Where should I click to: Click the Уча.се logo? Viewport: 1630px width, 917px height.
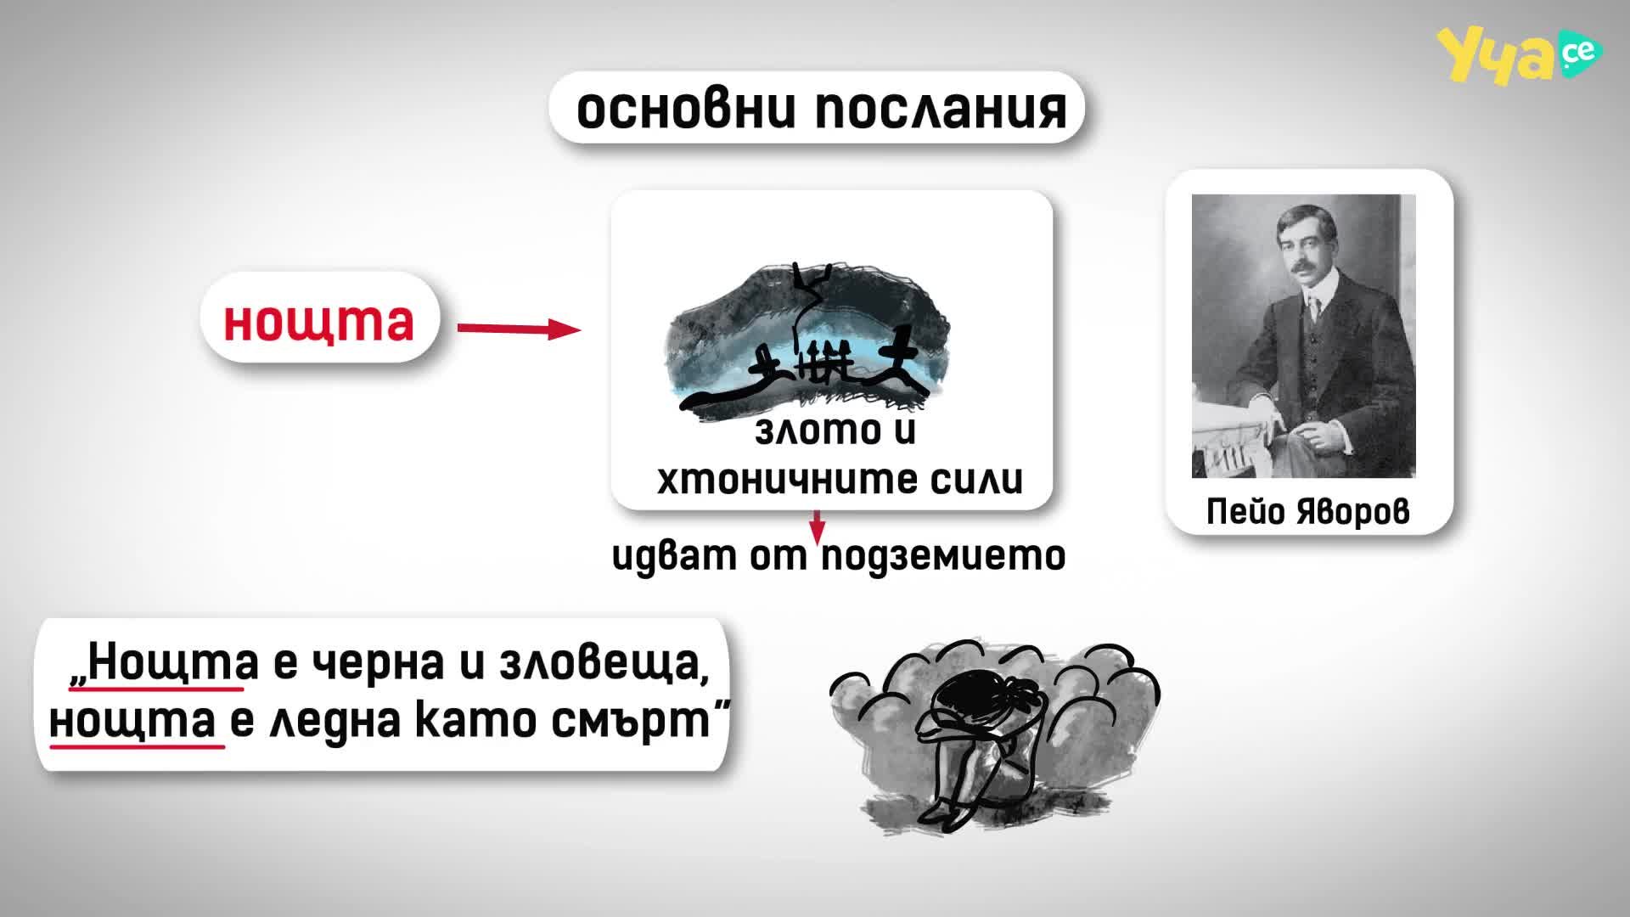(1519, 55)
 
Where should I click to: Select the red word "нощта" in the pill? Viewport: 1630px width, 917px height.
(319, 320)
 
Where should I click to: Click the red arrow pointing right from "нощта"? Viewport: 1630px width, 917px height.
(519, 329)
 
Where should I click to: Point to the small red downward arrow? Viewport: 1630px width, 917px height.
(817, 526)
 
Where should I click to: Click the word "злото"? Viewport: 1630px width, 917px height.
(806, 430)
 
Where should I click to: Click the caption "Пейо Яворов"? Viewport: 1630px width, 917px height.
(1307, 511)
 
